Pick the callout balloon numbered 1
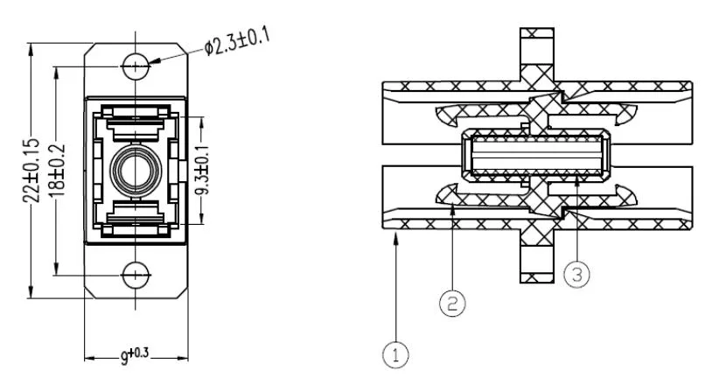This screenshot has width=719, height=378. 395,355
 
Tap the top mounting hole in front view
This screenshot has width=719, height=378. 136,65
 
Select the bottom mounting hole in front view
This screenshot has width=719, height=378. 136,275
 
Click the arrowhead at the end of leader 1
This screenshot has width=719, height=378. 399,238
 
